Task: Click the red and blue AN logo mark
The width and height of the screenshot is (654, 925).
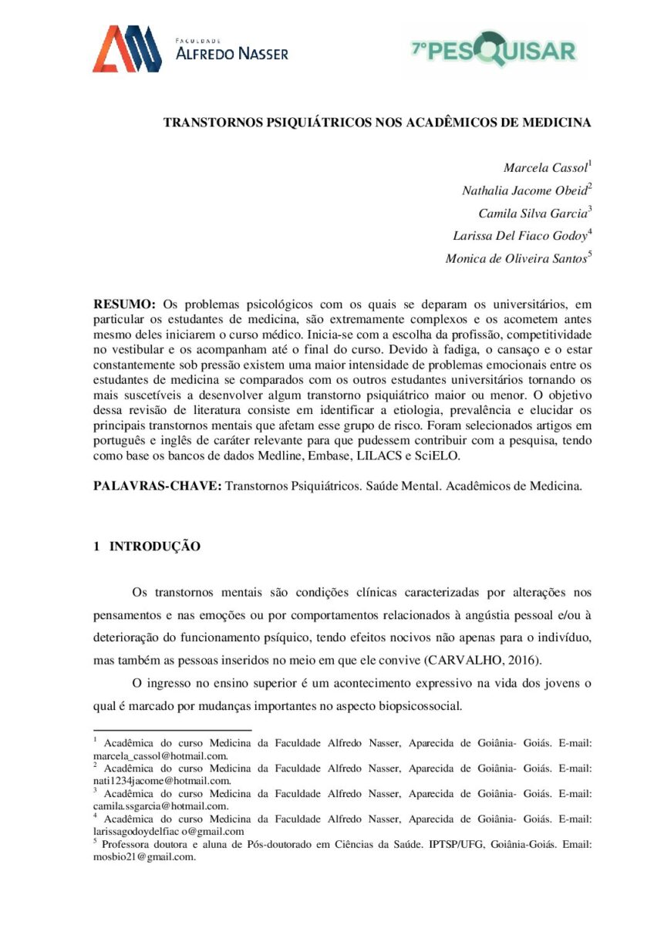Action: click(x=126, y=49)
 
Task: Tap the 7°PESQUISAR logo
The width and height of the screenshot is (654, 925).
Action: click(x=494, y=51)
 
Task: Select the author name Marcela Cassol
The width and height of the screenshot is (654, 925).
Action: click(x=545, y=168)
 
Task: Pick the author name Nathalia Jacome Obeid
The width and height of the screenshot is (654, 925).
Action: click(x=524, y=190)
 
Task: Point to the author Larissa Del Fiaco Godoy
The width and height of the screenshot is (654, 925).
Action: click(x=518, y=236)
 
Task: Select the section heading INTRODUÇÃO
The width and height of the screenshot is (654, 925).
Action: click(x=155, y=547)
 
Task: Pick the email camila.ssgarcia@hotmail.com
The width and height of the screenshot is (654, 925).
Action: click(x=160, y=806)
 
